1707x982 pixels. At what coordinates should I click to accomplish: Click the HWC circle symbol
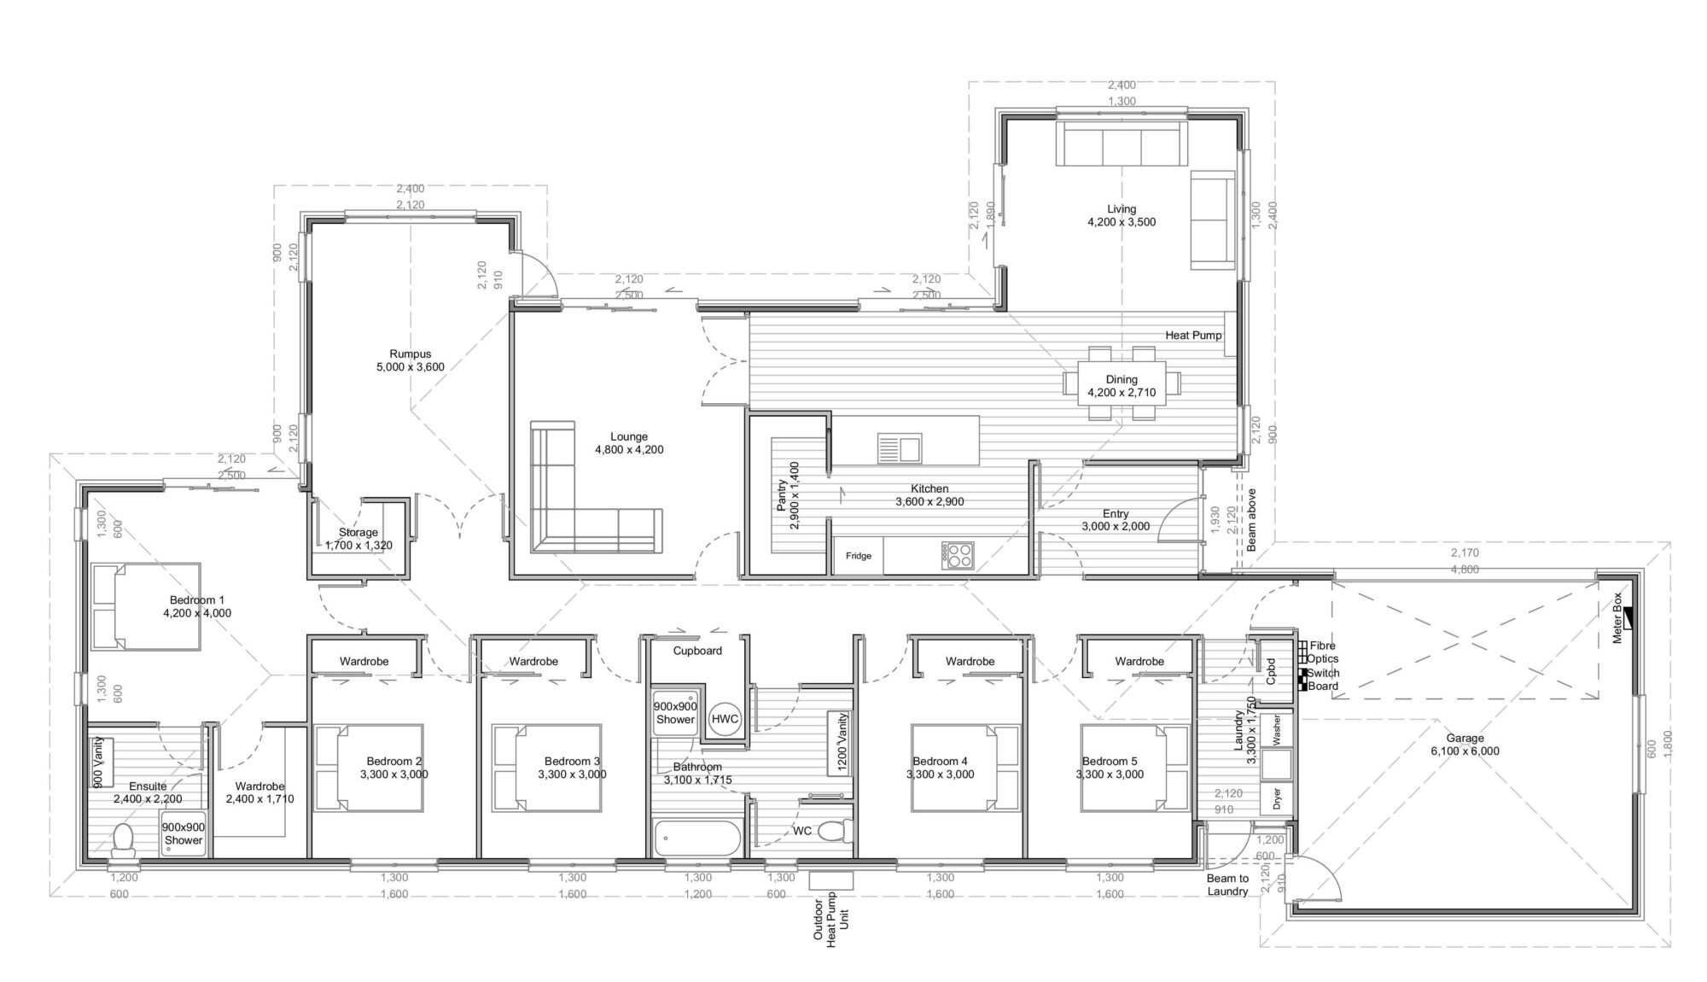point(725,719)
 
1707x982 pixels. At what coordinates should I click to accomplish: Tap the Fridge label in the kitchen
point(859,556)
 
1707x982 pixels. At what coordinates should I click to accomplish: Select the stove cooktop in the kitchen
point(958,556)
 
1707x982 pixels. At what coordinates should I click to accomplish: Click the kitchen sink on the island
point(899,447)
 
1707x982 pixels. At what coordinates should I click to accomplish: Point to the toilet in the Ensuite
point(124,840)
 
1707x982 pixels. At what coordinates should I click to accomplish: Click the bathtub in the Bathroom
point(697,838)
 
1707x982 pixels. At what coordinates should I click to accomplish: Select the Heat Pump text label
point(1193,336)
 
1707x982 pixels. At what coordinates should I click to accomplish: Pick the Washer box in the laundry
point(1277,730)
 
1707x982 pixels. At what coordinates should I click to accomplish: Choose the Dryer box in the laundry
point(1277,799)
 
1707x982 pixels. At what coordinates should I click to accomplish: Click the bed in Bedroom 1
point(146,606)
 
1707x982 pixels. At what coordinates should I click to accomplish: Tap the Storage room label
point(358,532)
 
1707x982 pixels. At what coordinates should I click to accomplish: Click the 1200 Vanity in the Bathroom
point(841,743)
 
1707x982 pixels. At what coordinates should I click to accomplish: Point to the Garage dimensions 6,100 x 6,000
point(1465,751)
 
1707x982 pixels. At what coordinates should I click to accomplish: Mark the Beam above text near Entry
point(1251,519)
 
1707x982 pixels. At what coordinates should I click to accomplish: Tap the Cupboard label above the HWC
point(697,651)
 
